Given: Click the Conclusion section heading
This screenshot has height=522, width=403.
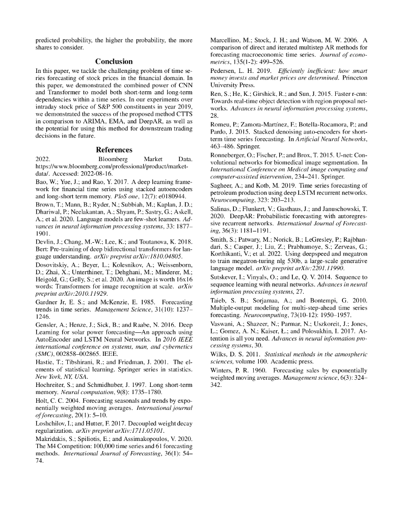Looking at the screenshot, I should point(114,61).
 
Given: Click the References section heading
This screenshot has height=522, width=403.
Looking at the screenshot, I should point(114,150).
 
